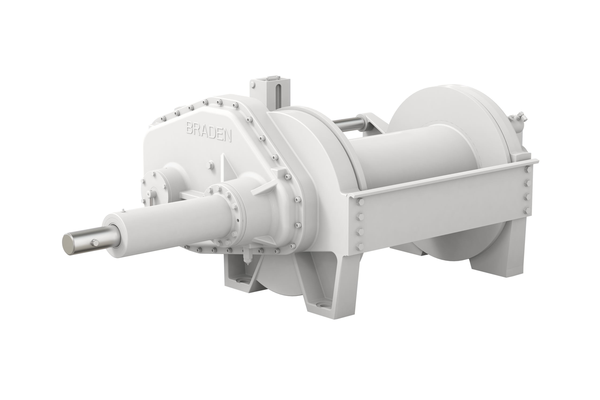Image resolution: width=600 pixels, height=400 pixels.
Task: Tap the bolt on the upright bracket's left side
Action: coord(253,84)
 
